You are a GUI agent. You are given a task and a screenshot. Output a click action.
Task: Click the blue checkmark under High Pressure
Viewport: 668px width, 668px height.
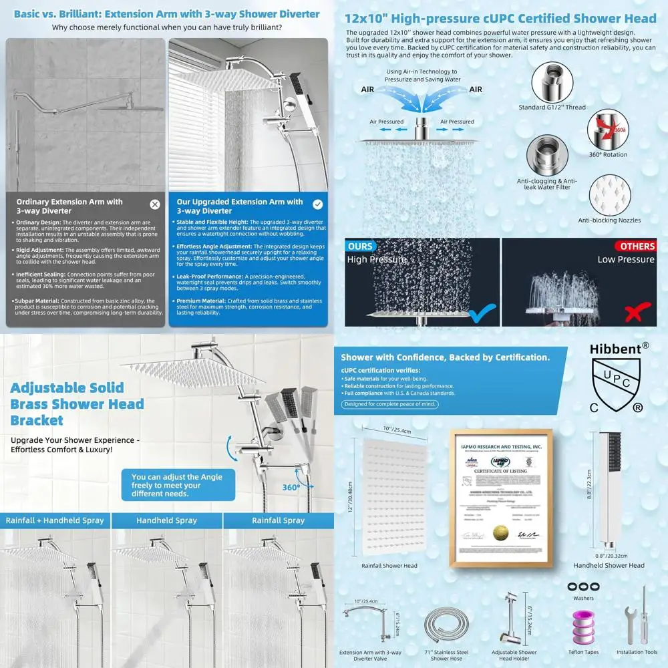tap(482, 312)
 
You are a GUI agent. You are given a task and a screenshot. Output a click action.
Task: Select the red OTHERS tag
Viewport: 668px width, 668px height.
tap(637, 246)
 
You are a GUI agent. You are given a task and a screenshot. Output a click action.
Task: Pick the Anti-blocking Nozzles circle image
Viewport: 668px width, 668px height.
tap(609, 194)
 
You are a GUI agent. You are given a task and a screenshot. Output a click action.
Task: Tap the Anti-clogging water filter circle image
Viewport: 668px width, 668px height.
tap(547, 155)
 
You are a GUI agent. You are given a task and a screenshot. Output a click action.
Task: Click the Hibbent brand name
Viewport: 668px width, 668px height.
tap(615, 348)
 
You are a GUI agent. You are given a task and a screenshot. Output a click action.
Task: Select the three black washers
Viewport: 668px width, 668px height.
tap(582, 585)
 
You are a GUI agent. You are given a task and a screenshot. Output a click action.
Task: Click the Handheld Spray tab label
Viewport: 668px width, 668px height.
tap(166, 520)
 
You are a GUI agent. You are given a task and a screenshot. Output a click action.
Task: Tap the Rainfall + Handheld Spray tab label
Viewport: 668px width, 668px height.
tap(55, 520)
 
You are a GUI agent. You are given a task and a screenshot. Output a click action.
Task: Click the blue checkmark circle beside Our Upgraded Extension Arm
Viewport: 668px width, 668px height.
tap(317, 204)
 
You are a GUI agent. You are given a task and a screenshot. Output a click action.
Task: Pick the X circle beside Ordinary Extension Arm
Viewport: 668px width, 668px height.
tap(155, 204)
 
